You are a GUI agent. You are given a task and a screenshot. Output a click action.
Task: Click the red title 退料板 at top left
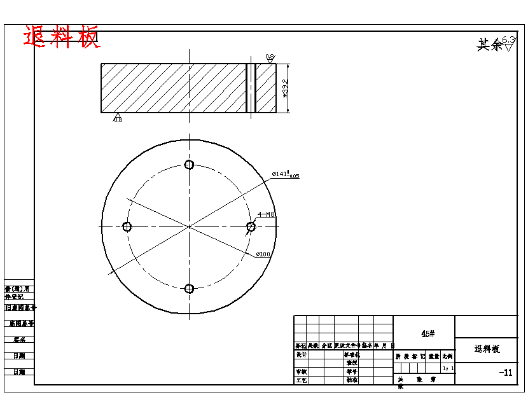(62, 38)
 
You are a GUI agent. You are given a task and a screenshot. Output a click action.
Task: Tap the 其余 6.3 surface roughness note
(495, 44)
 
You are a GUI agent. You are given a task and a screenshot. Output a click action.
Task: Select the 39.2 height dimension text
(285, 88)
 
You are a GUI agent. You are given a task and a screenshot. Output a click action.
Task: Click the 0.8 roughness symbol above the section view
(270, 59)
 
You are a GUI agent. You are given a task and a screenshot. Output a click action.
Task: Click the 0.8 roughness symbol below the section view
(118, 118)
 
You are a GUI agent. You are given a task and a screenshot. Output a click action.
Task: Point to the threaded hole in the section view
(251, 88)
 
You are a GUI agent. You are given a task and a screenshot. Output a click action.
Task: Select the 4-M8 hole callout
(266, 215)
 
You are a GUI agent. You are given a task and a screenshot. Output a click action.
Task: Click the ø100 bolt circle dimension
(263, 254)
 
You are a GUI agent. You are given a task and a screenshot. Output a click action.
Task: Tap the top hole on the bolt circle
(189, 165)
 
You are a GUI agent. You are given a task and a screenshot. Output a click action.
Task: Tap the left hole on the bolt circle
(127, 226)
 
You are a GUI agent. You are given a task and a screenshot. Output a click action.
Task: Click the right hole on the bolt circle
(251, 226)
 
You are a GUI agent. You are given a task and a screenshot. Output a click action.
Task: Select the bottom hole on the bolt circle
(189, 288)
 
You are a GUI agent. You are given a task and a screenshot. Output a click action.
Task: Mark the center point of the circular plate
(189, 226)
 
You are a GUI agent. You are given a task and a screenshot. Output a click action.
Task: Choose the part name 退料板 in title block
(487, 349)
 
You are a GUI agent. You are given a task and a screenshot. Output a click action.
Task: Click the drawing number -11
(506, 373)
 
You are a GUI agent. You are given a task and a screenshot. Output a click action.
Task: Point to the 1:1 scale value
(448, 368)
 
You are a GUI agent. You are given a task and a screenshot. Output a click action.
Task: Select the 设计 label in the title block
(302, 354)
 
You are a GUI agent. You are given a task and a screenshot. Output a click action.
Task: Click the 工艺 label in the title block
(302, 380)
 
